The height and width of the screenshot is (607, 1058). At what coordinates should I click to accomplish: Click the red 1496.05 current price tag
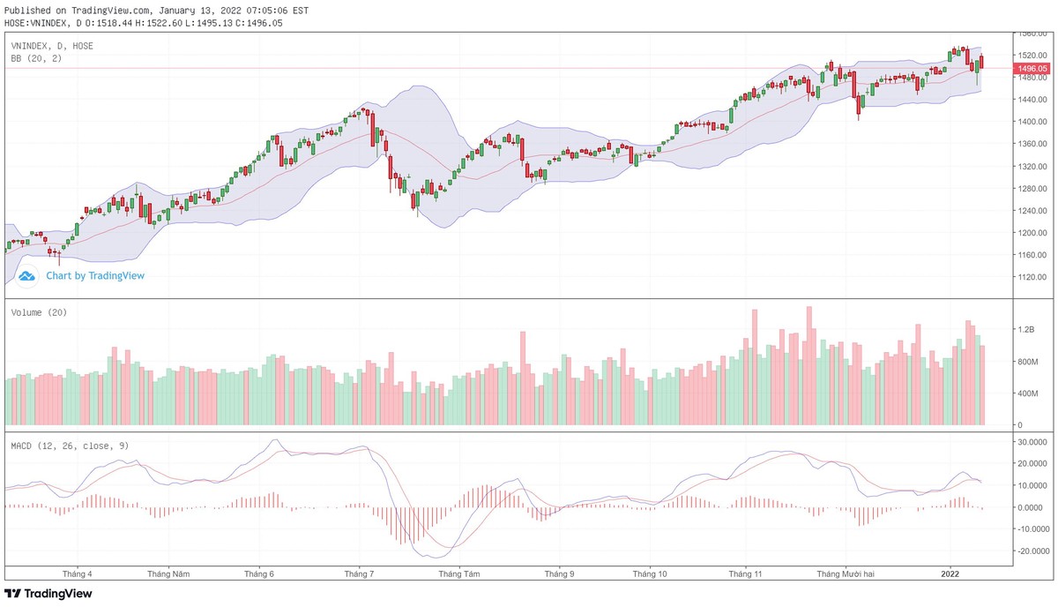tap(1031, 68)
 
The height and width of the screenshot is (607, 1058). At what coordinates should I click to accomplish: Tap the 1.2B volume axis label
tap(1025, 330)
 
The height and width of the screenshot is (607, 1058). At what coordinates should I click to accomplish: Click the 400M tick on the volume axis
tap(1026, 393)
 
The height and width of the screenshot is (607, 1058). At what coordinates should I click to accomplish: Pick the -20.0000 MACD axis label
tap(1032, 551)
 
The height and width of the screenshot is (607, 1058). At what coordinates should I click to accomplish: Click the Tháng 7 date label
tap(359, 573)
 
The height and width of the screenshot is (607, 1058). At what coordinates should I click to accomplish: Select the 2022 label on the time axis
tap(950, 573)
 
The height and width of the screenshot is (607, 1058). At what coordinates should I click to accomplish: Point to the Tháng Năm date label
tap(169, 573)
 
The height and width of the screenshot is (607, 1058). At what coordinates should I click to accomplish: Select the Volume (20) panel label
tap(39, 312)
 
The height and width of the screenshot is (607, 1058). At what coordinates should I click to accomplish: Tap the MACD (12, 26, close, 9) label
tap(70, 446)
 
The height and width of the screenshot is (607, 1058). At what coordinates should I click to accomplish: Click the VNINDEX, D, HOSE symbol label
tap(52, 46)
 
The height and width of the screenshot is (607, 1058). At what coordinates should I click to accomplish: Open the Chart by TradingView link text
tap(95, 276)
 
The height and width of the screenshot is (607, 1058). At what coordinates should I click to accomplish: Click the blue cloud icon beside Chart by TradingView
tap(27, 276)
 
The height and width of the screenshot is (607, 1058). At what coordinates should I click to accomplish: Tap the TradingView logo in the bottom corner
tap(48, 594)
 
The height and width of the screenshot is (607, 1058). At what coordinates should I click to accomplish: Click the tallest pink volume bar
tap(808, 365)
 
